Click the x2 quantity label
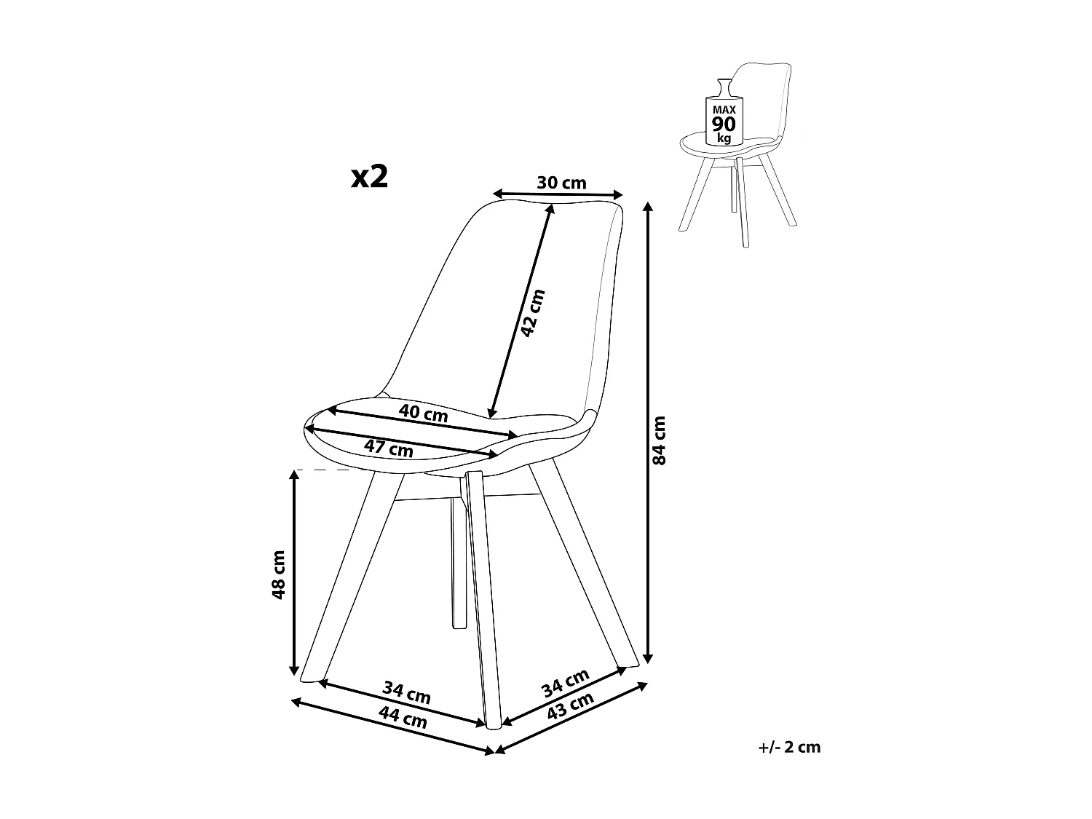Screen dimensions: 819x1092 click(x=369, y=176)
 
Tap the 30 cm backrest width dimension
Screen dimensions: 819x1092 click(x=561, y=183)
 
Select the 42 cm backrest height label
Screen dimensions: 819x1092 click(x=532, y=313)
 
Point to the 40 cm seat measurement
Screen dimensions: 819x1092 click(x=423, y=414)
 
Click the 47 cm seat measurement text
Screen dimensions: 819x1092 click(x=389, y=448)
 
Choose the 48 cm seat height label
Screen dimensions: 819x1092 click(x=277, y=574)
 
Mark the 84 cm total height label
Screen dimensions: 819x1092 click(x=659, y=440)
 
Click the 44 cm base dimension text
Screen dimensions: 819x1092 click(x=403, y=721)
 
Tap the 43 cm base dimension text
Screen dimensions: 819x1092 click(x=570, y=706)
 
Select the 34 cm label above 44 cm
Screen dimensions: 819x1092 click(x=407, y=692)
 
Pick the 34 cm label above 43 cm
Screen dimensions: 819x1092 click(x=566, y=682)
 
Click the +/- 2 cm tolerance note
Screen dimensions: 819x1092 click(x=788, y=747)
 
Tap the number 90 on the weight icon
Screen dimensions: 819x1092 click(x=724, y=124)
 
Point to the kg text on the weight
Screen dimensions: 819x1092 click(x=724, y=137)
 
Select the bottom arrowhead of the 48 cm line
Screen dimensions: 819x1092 click(x=294, y=669)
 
